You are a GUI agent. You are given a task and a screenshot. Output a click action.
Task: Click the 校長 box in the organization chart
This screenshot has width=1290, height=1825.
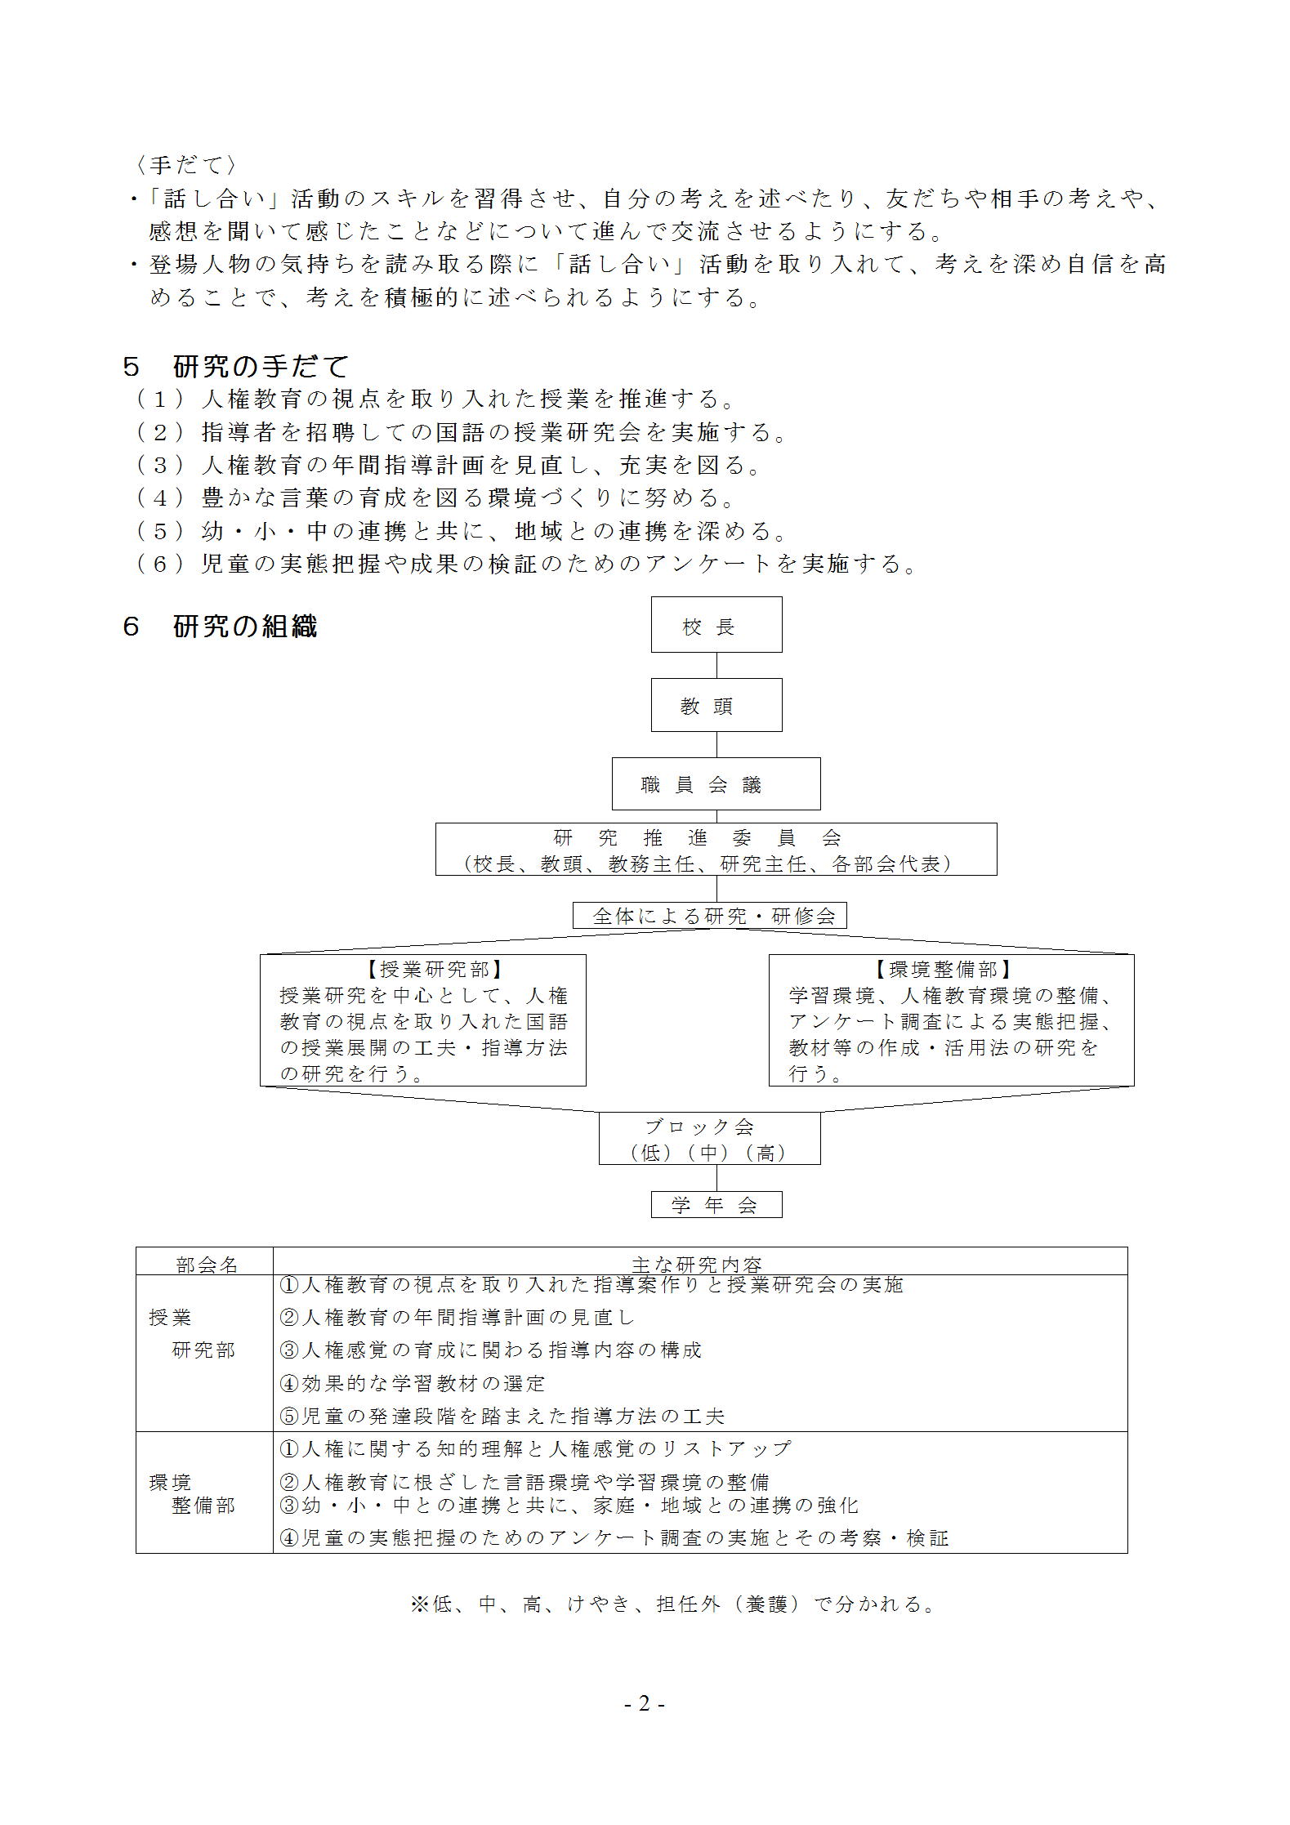[x=716, y=625]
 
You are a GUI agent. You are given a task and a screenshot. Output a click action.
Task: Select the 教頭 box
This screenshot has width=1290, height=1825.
[x=716, y=705]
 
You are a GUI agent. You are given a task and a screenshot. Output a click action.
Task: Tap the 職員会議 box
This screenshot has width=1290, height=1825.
[x=716, y=784]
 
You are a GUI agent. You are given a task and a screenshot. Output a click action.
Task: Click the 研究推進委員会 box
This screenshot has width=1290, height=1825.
[x=716, y=850]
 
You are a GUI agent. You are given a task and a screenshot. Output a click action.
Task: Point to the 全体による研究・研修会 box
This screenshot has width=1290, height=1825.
[x=710, y=916]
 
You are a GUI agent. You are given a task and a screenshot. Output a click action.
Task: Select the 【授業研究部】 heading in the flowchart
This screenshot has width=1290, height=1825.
[x=423, y=970]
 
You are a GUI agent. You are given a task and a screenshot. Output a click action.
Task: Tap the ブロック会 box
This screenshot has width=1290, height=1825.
[x=709, y=1138]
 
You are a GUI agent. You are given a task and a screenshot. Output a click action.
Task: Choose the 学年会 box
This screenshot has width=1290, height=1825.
[x=716, y=1205]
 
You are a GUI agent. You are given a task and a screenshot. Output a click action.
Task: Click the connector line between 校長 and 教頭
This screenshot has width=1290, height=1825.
[x=716, y=665]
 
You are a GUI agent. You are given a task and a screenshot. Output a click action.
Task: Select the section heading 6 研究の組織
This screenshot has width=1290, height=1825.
[x=220, y=627]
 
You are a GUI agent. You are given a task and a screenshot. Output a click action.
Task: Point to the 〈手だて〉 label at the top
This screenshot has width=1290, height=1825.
[x=186, y=165]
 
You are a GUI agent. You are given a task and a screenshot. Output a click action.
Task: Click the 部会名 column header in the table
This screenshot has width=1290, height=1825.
[x=206, y=1265]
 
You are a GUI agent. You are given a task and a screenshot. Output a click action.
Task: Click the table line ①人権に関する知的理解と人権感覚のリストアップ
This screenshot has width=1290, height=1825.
[x=535, y=1448]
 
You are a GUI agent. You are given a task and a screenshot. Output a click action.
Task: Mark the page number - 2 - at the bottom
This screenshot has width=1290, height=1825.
[x=645, y=1704]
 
